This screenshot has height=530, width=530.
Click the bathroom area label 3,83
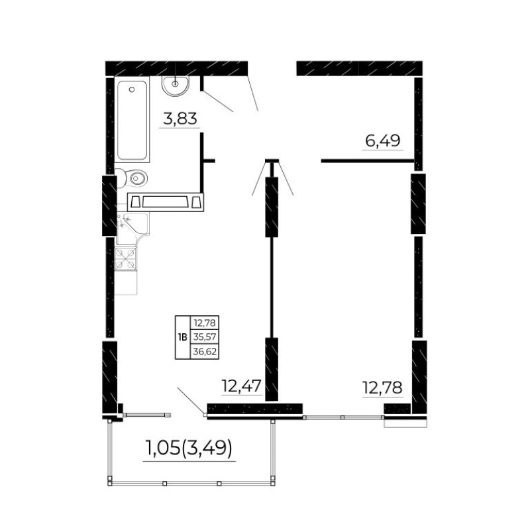(x=180, y=119)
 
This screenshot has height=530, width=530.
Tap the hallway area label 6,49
(x=383, y=140)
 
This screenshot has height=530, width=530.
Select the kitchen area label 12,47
(x=242, y=386)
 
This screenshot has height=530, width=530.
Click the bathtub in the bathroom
(x=132, y=119)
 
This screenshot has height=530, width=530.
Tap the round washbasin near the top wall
(x=176, y=86)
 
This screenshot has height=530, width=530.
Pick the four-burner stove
(x=126, y=258)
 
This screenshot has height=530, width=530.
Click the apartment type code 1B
(x=182, y=337)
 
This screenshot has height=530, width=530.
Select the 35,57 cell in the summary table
(x=205, y=337)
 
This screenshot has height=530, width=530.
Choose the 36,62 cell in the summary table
(x=205, y=352)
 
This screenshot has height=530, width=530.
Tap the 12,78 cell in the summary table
(x=205, y=323)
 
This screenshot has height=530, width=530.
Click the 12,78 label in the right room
(x=382, y=388)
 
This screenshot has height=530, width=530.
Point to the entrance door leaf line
(x=253, y=93)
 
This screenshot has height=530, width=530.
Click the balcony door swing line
(x=191, y=401)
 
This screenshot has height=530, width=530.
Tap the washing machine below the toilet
(x=165, y=202)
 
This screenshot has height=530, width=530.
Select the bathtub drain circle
(x=132, y=89)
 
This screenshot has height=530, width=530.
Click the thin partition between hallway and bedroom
(x=368, y=161)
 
